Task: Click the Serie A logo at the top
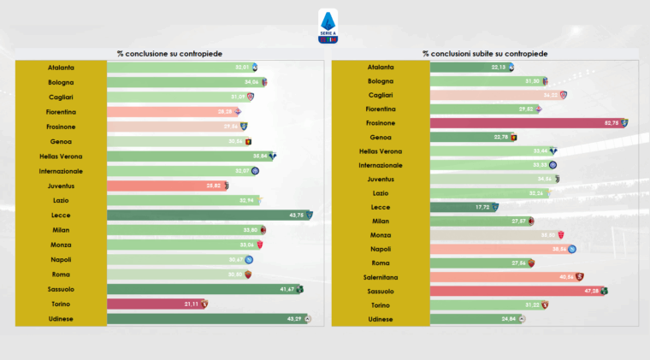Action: click(x=328, y=27)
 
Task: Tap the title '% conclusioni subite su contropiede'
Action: click(x=485, y=53)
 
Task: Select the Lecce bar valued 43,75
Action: click(x=205, y=215)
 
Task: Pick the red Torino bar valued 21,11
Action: click(x=154, y=304)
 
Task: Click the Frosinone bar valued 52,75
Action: click(x=522, y=123)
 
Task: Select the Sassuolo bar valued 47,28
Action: click(x=513, y=292)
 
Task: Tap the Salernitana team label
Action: click(x=381, y=277)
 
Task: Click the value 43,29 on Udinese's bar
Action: click(x=294, y=319)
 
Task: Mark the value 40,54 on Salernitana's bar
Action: click(x=566, y=277)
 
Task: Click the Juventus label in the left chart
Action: click(x=61, y=185)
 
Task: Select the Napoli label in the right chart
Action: click(x=381, y=249)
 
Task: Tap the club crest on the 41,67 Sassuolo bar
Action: click(x=301, y=289)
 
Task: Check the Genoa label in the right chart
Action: click(x=381, y=137)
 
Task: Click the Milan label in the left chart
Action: click(x=61, y=229)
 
